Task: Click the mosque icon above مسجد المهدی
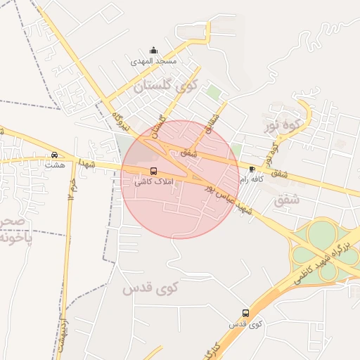click(154, 51)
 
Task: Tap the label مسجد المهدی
click(154, 62)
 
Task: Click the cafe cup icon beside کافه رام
click(252, 169)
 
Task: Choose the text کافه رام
click(252, 180)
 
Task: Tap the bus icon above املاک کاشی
click(154, 172)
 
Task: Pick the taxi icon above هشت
click(55, 155)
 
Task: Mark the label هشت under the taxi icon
click(53, 165)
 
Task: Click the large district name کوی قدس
click(151, 288)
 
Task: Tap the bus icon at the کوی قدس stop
click(245, 313)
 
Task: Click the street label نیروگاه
click(122, 121)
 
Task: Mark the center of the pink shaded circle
click(180, 179)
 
